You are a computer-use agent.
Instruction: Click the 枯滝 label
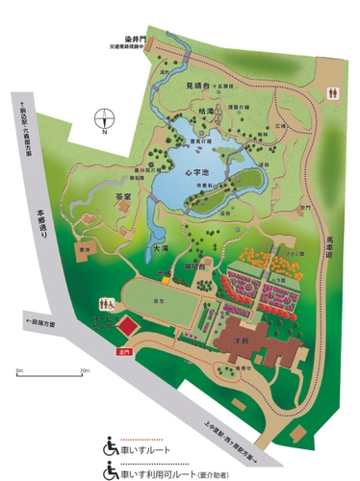point(199,110)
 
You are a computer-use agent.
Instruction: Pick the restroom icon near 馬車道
point(332,93)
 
